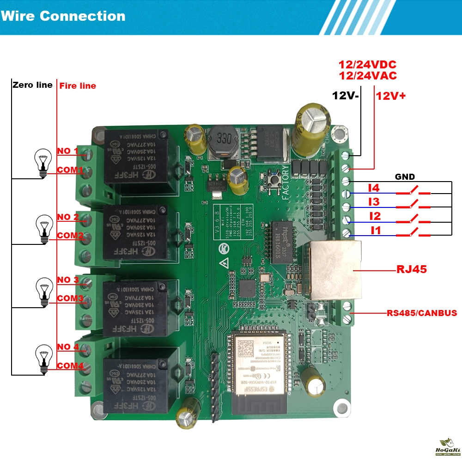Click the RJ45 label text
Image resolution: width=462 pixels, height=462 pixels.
point(411,269)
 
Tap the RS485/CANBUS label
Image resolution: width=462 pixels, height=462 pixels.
point(422,313)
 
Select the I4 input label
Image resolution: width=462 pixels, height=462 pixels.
point(374,188)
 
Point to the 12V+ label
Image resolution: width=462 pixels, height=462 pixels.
point(390,96)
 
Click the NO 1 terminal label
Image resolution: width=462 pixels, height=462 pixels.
point(67,151)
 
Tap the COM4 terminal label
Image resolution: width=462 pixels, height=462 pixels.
point(70,366)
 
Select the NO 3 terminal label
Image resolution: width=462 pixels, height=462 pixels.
point(67,280)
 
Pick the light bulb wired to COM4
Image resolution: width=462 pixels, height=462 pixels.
point(43,359)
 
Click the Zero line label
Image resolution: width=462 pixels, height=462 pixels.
point(32,85)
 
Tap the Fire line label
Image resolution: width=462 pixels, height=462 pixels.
point(78,85)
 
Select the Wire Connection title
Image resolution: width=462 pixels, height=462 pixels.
point(63,16)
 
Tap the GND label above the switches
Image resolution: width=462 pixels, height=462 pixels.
point(405,176)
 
